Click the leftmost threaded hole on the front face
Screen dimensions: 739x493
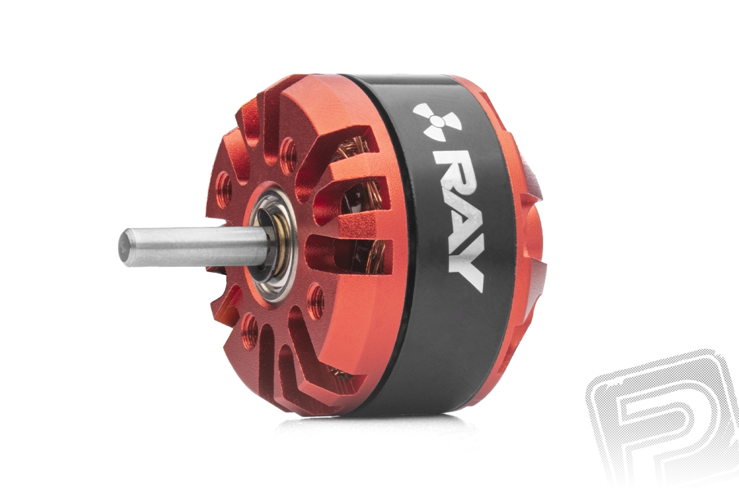(224, 186)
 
